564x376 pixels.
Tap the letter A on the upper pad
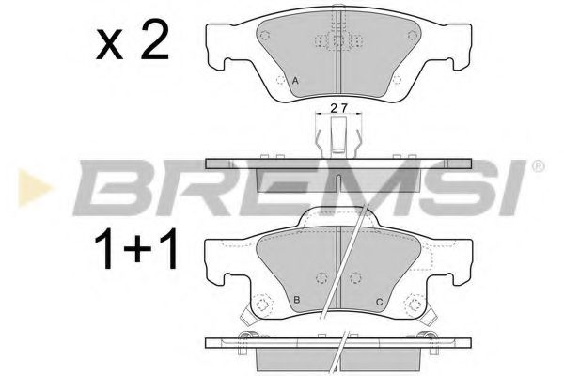tap(296, 83)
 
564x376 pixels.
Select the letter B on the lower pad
tap(297, 300)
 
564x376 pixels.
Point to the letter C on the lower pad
tap(378, 301)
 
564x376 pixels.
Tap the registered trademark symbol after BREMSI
tap(537, 167)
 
